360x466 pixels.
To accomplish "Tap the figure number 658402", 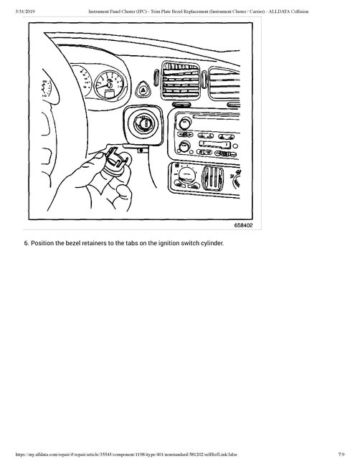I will pos(243,224).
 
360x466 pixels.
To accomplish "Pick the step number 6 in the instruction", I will pos(27,242).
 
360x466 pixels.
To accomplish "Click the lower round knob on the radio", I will pos(184,147).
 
